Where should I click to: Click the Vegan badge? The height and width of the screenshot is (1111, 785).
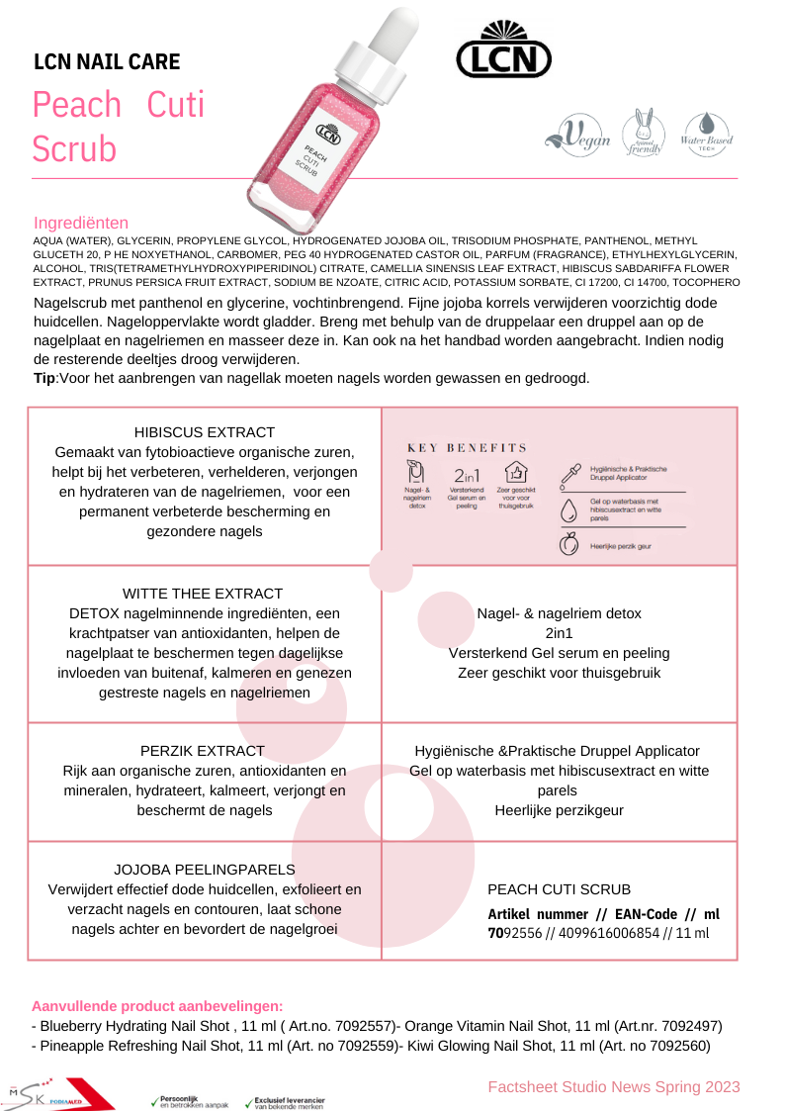[579, 136]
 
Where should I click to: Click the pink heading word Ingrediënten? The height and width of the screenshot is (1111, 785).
[81, 223]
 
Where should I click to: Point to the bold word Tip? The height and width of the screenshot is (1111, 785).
[44, 379]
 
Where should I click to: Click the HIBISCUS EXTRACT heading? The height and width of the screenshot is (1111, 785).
[204, 432]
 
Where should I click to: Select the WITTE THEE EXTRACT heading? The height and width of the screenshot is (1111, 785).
[203, 594]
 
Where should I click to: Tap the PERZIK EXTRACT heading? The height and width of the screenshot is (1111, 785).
[203, 751]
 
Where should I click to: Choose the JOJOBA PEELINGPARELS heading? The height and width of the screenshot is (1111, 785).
[205, 870]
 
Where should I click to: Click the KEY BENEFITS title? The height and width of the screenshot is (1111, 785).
[467, 448]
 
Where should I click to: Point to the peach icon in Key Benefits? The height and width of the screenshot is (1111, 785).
[568, 543]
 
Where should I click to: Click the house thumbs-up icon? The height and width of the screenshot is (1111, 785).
[515, 472]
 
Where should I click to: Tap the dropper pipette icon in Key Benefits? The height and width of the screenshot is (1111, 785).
[568, 475]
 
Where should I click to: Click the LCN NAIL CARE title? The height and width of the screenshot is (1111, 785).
[107, 63]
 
